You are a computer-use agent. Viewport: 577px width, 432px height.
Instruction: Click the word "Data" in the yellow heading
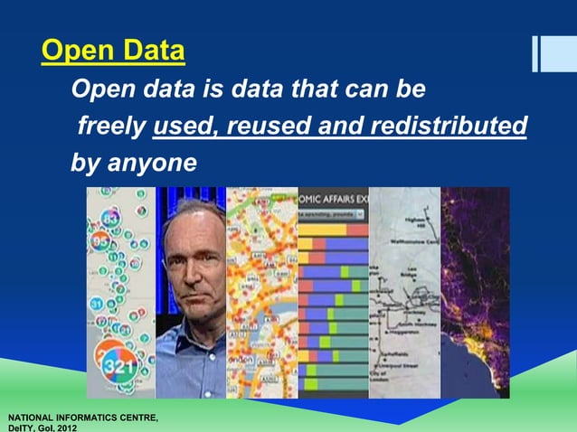coord(154,52)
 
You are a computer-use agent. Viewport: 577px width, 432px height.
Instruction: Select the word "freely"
coord(111,127)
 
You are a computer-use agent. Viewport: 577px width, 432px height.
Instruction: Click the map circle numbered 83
coord(111,220)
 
